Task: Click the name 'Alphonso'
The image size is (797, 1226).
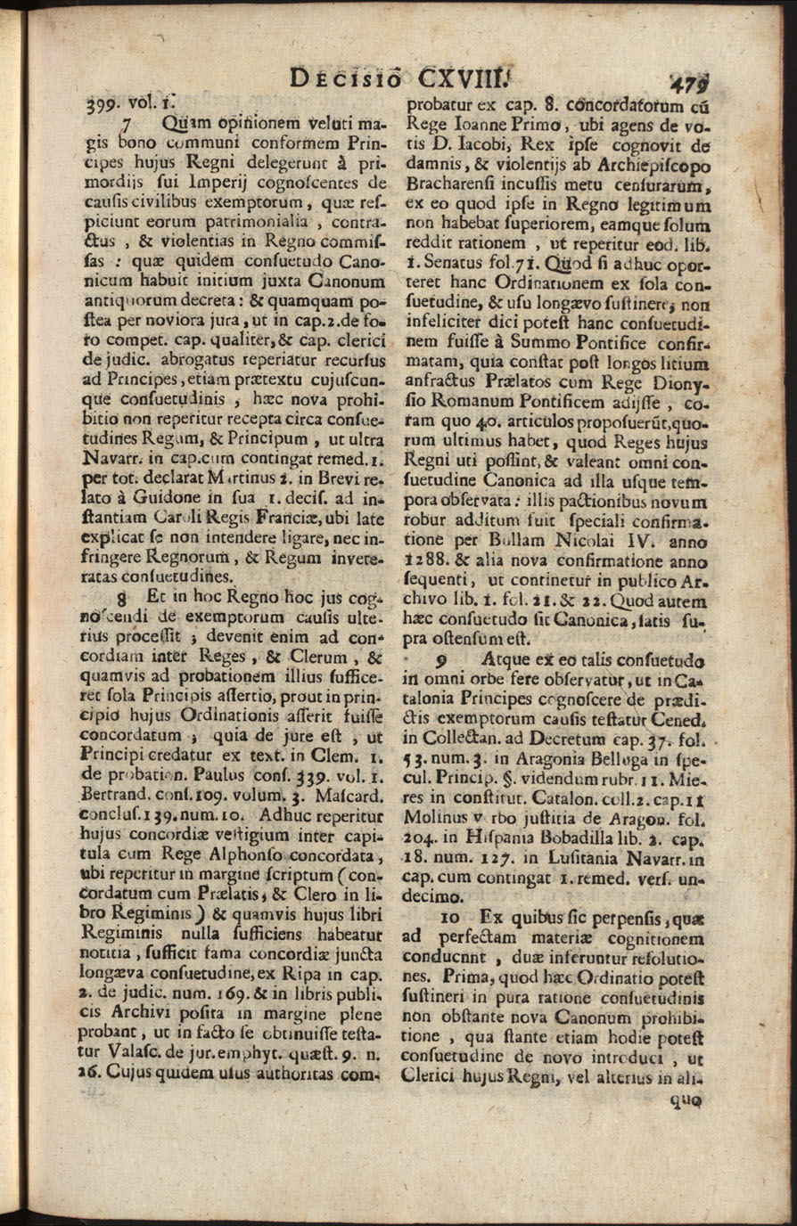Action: coord(233,857)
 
